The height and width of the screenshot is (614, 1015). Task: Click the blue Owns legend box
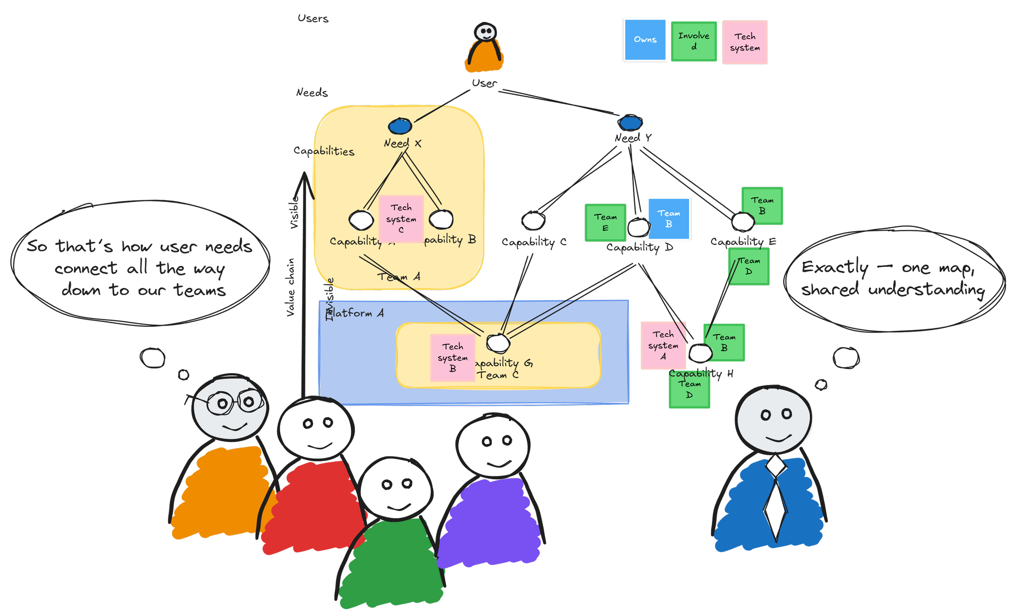click(645, 40)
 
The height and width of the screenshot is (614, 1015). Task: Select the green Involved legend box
click(694, 41)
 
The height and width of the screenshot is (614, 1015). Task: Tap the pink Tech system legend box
click(745, 42)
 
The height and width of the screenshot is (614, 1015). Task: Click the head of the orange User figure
click(486, 32)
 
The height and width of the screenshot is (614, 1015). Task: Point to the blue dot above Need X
click(400, 126)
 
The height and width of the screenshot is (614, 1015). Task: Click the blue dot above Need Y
click(630, 122)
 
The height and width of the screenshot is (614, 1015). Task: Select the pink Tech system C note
click(401, 218)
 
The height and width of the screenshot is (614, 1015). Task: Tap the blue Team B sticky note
click(668, 219)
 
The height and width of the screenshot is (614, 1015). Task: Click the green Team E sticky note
click(605, 223)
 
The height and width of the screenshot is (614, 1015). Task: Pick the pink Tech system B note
click(452, 357)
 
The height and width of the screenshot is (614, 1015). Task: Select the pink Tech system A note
click(663, 345)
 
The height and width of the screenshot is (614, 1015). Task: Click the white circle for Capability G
click(498, 343)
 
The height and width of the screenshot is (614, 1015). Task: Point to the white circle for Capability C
click(533, 221)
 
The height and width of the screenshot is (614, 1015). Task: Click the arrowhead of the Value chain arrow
click(304, 181)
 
